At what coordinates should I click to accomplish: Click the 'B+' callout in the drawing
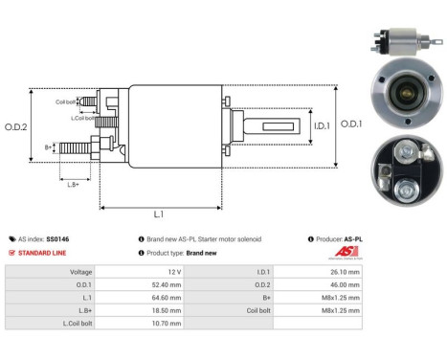[49, 147]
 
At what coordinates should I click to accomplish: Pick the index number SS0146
[57, 238]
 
